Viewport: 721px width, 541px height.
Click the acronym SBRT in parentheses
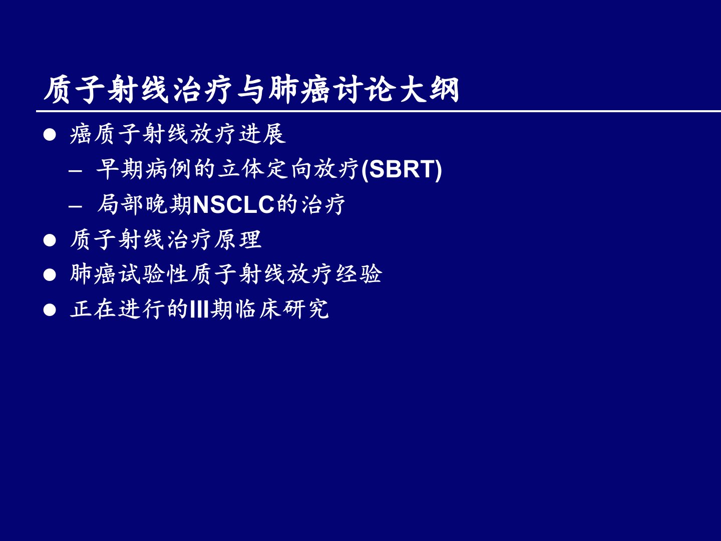pos(402,169)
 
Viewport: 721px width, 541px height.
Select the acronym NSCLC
pos(233,205)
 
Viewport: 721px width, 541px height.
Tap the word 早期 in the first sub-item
pos(119,169)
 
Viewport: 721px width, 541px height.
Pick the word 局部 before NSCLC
pos(120,205)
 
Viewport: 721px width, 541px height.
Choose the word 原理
pos(238,239)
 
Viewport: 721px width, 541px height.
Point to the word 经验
pos(358,274)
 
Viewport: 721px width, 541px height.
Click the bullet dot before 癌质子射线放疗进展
pos(50,135)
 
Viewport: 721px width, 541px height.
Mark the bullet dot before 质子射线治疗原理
pos(50,240)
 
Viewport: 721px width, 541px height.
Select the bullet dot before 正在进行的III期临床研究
pos(50,310)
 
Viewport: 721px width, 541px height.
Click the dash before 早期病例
pos(75,171)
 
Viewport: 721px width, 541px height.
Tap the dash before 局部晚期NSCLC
pos(75,206)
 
